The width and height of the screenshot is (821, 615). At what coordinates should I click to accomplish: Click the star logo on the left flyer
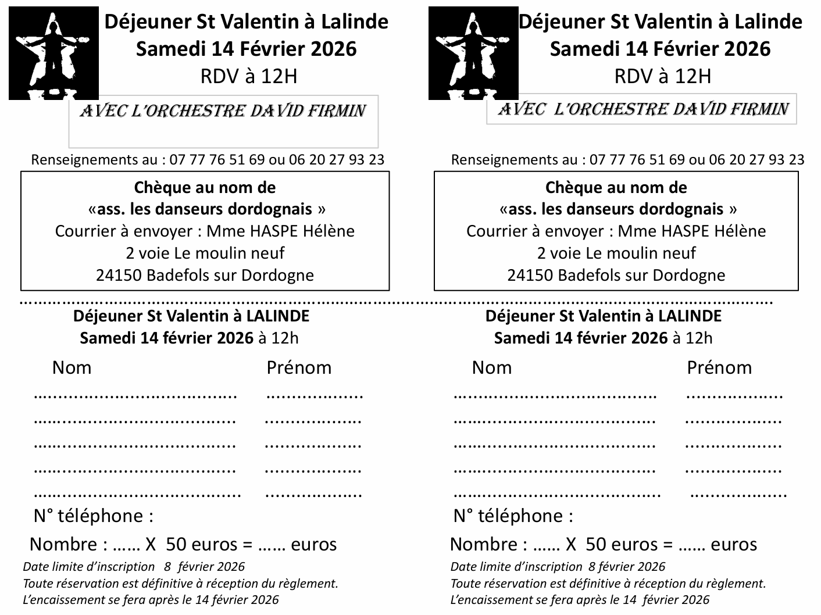pos(53,53)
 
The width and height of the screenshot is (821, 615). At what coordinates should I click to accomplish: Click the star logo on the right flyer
pos(473,53)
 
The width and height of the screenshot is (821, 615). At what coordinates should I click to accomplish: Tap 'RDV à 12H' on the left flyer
pos(248,76)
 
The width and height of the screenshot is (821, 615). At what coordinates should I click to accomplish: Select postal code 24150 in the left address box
pos(119,276)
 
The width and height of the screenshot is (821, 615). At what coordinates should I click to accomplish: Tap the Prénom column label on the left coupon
pos(299,368)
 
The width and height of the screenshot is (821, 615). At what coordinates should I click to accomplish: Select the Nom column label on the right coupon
pos(492,368)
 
